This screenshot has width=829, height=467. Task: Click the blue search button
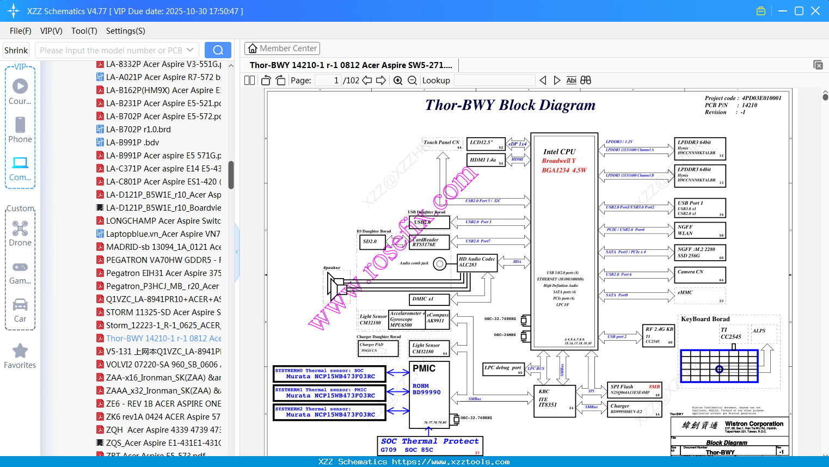(218, 50)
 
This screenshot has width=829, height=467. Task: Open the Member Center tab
(282, 48)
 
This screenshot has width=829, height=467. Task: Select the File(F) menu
(21, 31)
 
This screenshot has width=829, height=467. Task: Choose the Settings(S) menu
(125, 31)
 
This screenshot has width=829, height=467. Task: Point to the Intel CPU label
(559, 152)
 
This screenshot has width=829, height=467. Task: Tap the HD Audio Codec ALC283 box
(477, 262)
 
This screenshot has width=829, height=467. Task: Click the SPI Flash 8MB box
(634, 390)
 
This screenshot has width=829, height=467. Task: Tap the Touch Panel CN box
(443, 144)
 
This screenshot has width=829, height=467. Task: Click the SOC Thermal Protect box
(429, 445)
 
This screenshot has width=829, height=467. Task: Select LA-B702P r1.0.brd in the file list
(138, 130)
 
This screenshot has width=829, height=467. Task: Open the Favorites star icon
(20, 352)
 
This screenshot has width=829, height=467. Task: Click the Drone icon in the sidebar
(20, 229)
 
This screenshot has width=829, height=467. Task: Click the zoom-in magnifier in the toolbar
(398, 81)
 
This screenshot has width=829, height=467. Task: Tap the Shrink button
(16, 50)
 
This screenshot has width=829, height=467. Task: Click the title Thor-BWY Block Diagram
(510, 105)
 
